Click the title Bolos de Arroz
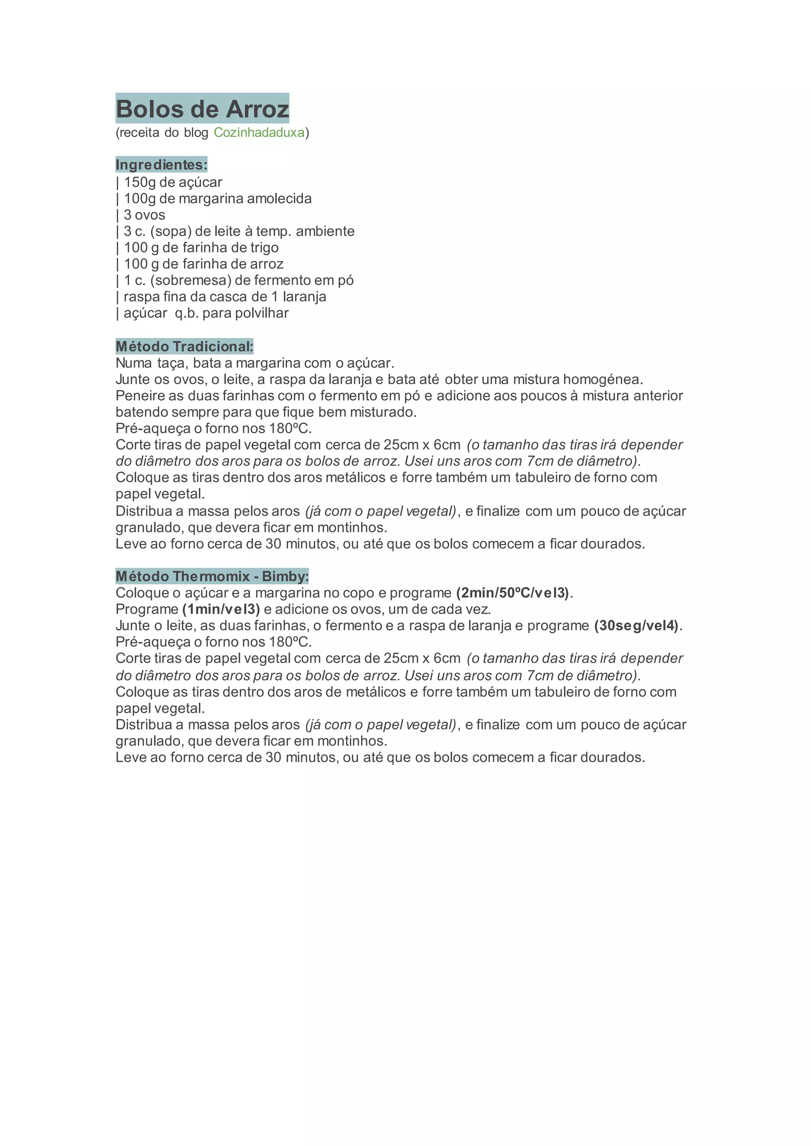point(202,109)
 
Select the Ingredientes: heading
point(161,165)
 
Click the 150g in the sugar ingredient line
point(139,182)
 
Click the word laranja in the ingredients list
point(304,297)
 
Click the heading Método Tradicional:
point(184,346)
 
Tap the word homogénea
point(603,379)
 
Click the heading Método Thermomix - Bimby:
point(212,577)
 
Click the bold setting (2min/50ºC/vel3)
point(512,593)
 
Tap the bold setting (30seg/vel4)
point(637,626)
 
